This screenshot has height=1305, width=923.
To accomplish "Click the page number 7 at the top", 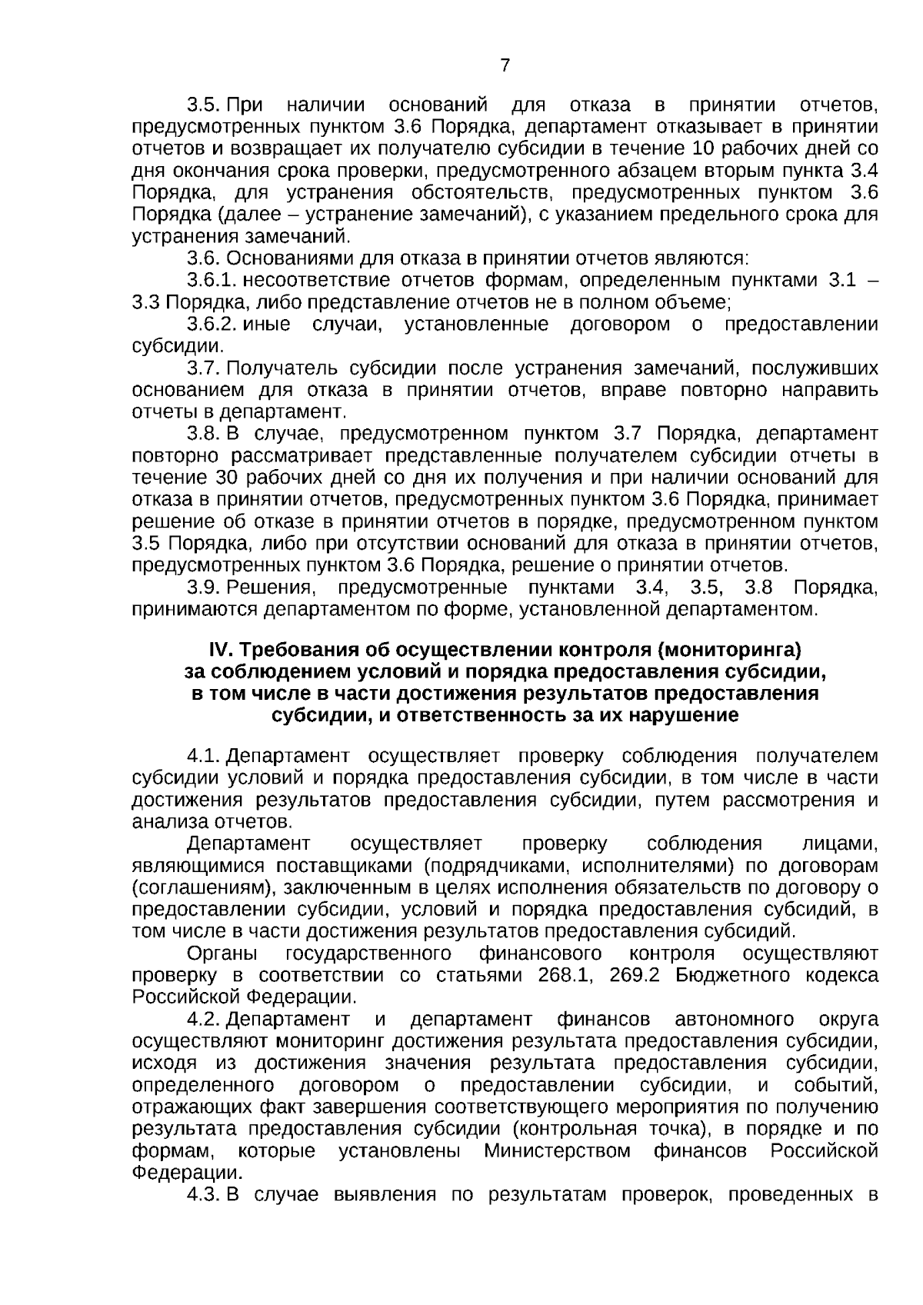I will [x=505, y=65].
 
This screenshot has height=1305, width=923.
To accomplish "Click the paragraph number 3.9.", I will [x=204, y=588].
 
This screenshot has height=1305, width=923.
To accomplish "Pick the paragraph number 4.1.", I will [x=204, y=757].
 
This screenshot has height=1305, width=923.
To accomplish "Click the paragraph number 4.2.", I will [x=204, y=1020].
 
